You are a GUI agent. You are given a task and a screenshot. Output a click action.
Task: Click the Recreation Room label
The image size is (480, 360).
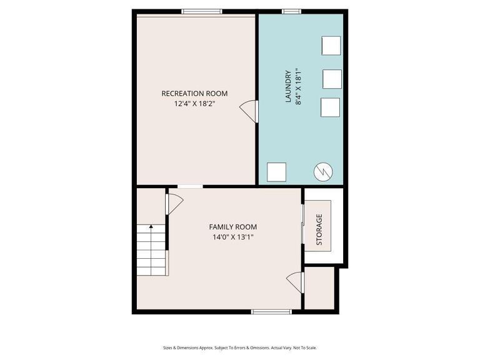point(194,94)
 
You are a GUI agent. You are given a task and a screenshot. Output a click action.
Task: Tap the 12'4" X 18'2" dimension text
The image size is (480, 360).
point(194,104)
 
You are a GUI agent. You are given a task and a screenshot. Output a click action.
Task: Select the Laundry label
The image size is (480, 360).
point(288,86)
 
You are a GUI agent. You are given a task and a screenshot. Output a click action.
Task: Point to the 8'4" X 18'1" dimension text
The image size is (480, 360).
point(298,86)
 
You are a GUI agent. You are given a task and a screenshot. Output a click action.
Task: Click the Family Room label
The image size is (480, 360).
point(232,227)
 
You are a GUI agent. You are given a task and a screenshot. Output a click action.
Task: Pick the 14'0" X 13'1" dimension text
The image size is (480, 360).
point(232,237)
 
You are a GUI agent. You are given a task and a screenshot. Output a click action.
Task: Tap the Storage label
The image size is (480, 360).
point(319,229)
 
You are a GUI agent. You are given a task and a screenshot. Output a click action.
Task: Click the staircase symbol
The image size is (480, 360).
point(151,250)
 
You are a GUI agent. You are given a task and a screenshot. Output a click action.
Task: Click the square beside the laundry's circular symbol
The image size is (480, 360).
point(276,172)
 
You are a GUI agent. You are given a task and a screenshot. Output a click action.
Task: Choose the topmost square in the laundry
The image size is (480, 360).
point(331,46)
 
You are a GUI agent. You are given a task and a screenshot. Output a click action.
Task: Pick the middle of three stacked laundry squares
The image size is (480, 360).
point(332,79)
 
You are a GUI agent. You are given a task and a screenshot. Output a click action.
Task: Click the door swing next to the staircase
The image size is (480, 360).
point(174,203)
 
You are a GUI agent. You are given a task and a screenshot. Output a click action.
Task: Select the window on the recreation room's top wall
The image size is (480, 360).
point(202,11)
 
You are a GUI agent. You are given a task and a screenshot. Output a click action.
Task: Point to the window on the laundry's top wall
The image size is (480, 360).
point(291,11)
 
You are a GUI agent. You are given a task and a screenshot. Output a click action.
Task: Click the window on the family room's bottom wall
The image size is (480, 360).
point(271,311)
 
